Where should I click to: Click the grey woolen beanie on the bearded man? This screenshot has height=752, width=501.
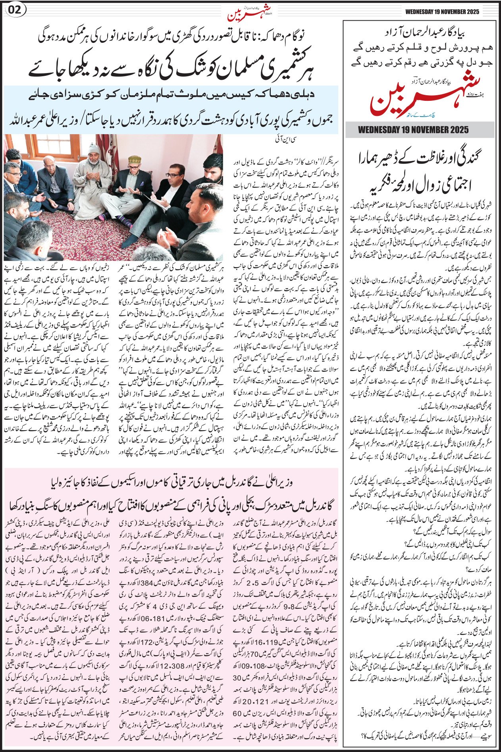[94, 149]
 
